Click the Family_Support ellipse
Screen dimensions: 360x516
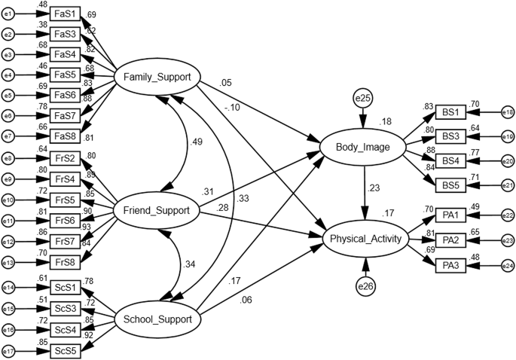[x=157, y=77]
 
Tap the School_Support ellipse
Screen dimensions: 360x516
[x=157, y=320]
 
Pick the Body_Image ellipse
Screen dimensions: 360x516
[x=365, y=147]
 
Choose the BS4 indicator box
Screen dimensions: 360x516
[x=451, y=161]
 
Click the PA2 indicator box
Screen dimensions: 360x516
[x=451, y=240]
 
